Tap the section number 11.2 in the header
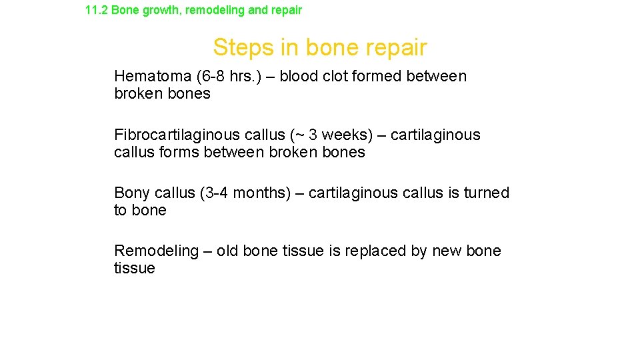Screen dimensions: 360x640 pyautogui.click(x=97, y=11)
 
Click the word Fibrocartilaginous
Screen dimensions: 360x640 pyautogui.click(x=176, y=135)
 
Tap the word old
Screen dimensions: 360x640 pyautogui.click(x=227, y=251)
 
